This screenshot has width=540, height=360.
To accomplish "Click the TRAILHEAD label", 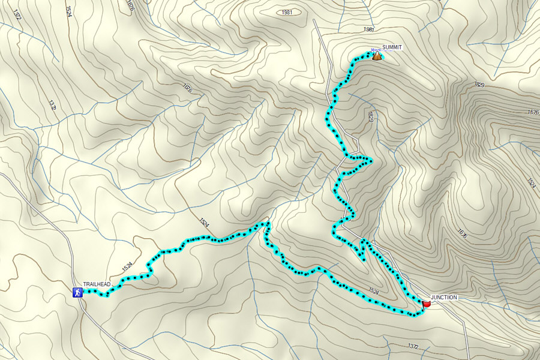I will coord(95,284).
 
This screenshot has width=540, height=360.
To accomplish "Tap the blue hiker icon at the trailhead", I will coord(77,292).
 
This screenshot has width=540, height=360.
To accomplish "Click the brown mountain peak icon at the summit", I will coord(377,56).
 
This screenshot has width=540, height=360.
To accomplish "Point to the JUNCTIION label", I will coord(444,298).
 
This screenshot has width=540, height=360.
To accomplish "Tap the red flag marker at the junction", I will coord(427,305).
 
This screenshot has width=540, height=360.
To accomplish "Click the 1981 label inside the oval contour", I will coord(287,12).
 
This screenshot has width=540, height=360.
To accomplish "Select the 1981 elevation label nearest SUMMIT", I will coord(368,29).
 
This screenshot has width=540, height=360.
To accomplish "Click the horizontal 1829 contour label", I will coord(479,84).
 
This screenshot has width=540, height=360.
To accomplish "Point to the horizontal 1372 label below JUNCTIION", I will coord(412,346).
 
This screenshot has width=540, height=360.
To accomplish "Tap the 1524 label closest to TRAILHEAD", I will coord(127,265).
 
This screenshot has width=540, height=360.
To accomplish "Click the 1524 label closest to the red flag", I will coord(374,292).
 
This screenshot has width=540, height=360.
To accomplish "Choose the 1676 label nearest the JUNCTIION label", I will coord(461,233).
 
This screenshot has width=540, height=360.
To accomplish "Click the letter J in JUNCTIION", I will coord(432,298).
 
